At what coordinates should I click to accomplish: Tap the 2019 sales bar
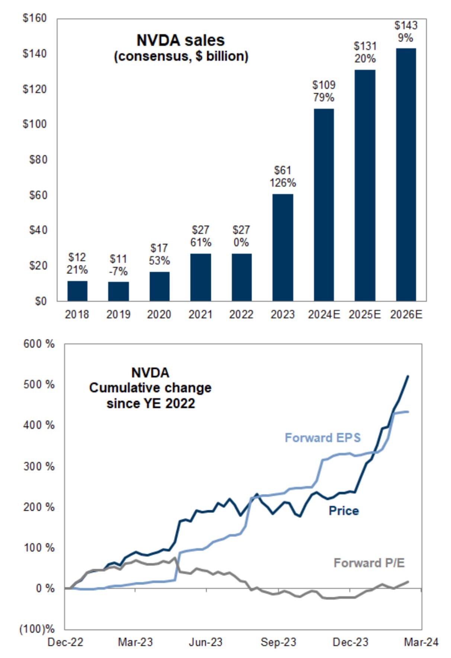[x=118, y=291]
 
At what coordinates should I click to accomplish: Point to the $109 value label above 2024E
[x=324, y=85]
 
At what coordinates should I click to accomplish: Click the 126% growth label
[x=283, y=183]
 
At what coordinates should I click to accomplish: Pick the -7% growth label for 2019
[x=118, y=272]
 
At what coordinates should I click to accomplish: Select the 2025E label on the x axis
[x=365, y=315]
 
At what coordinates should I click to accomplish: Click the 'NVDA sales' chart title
[x=181, y=41]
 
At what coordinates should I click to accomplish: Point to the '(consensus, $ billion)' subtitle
[x=181, y=57]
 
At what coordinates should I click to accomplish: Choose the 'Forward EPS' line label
[x=323, y=437]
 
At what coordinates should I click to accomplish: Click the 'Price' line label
[x=343, y=511]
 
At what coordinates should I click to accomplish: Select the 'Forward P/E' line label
[x=369, y=563]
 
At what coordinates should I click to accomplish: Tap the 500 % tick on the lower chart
[x=39, y=384]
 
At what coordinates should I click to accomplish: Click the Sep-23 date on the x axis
[x=278, y=642]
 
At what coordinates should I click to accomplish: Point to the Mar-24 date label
[x=421, y=642]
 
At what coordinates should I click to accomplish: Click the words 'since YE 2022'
[x=151, y=404]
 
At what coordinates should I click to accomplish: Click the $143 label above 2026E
[x=406, y=26]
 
